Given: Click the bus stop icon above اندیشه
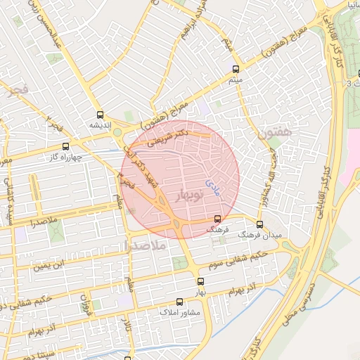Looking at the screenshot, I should pos(99,113).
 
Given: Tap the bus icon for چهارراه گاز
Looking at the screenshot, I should pos(65,146).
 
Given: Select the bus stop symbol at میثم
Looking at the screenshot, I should pos(235,70).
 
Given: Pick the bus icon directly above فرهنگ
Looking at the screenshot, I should pos(217,219).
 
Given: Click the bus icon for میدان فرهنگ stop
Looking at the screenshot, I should pos(259,224).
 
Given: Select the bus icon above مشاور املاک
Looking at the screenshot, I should pos(180,301).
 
